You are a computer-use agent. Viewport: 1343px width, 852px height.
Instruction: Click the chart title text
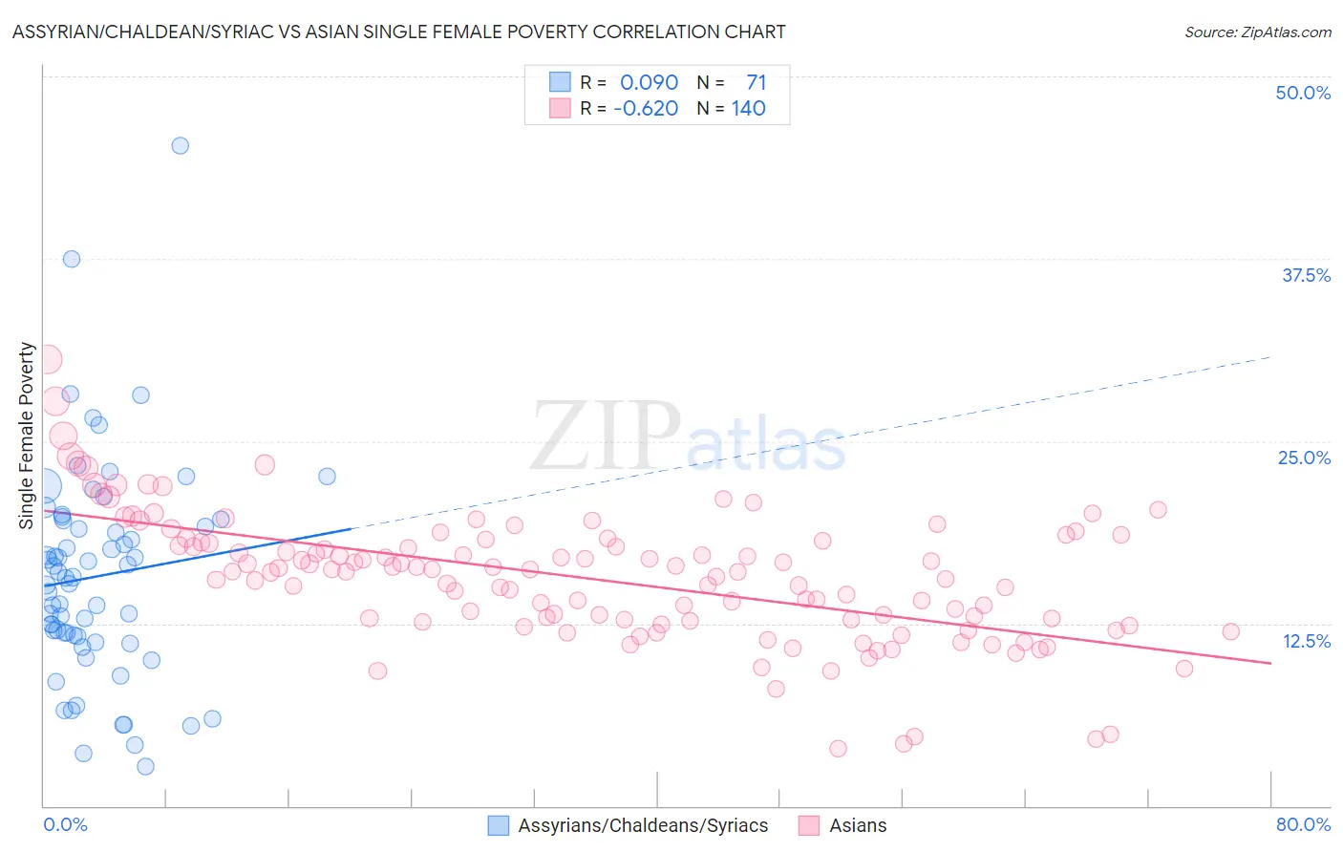click(398, 32)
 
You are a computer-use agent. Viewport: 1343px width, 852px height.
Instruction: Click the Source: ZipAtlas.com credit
click(1257, 32)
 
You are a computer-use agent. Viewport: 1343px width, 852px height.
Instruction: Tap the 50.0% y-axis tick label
click(1303, 93)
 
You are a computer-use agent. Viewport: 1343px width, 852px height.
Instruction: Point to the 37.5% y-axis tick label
click(1306, 275)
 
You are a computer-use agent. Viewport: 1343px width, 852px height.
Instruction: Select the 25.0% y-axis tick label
click(1304, 458)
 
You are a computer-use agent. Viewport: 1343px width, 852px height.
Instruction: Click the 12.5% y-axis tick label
click(1306, 641)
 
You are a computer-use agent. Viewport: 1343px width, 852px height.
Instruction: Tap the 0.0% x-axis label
click(65, 824)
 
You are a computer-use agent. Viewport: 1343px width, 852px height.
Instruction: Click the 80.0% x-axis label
click(1303, 824)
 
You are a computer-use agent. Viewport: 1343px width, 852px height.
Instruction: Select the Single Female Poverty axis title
click(27, 436)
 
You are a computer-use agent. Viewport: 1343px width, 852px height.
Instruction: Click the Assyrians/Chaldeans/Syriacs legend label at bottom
click(643, 825)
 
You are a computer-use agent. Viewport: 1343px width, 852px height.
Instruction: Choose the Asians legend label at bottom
click(858, 825)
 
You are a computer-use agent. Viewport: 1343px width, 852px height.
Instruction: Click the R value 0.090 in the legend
click(649, 82)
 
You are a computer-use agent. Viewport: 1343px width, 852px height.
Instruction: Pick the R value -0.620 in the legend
click(646, 109)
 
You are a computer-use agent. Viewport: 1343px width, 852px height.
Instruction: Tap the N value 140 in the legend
click(749, 109)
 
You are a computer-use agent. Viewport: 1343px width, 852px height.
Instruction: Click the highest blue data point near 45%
click(180, 146)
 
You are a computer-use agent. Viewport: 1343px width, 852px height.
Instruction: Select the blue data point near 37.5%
click(72, 259)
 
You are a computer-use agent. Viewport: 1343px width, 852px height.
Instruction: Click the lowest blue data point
click(145, 766)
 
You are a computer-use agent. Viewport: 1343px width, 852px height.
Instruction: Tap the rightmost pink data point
click(1230, 631)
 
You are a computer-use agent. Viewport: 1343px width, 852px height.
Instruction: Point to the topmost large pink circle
click(47, 359)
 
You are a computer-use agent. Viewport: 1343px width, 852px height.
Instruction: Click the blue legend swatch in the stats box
click(560, 82)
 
